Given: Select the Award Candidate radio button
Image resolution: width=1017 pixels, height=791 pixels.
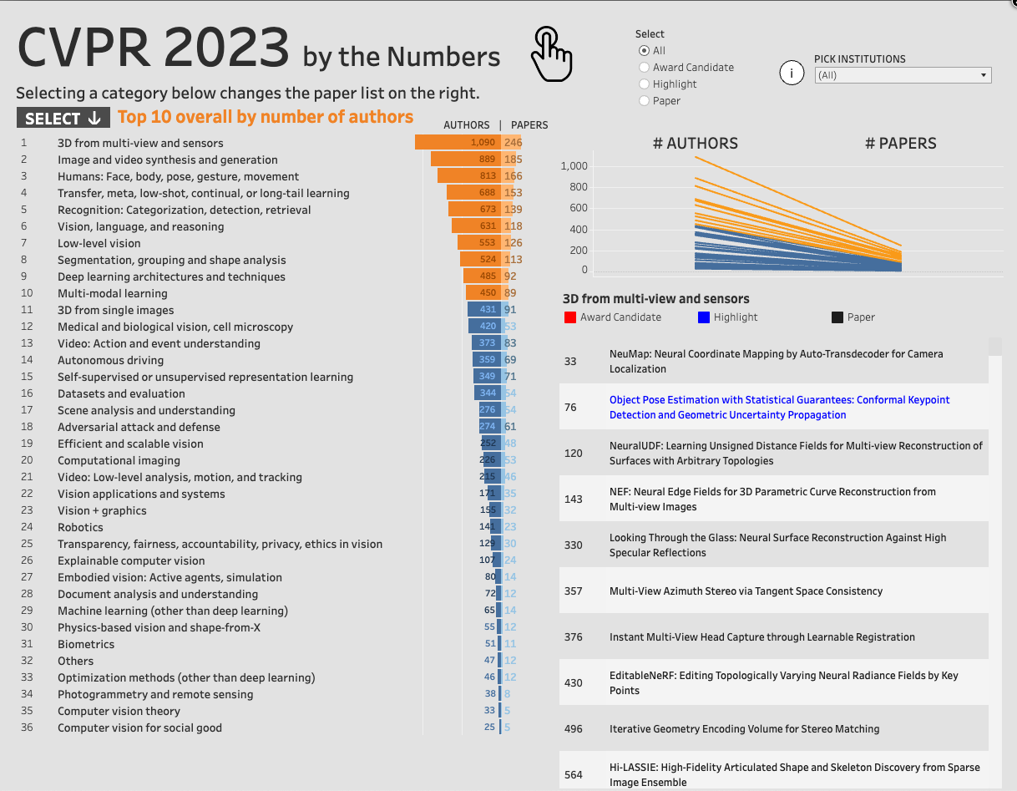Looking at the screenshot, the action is click(x=644, y=68).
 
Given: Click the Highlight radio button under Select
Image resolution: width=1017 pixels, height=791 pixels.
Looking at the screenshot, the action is click(x=644, y=84).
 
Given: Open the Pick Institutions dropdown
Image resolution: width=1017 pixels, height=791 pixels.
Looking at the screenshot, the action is click(x=903, y=75).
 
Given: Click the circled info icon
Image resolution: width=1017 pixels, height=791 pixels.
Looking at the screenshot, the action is click(x=792, y=73).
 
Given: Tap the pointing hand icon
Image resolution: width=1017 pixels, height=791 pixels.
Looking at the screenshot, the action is click(x=551, y=53).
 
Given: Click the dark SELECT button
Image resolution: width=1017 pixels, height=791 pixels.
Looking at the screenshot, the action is click(x=63, y=118).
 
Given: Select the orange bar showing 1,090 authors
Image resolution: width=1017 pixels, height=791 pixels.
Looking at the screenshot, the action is click(x=458, y=142).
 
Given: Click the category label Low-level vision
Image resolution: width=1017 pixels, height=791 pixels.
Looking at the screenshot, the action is click(x=99, y=243).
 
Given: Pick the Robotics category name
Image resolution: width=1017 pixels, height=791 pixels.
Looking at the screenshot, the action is click(x=80, y=528).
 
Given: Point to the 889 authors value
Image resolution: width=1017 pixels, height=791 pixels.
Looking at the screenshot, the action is click(x=487, y=160).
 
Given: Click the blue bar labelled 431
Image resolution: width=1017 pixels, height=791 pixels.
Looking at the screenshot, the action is click(x=484, y=309).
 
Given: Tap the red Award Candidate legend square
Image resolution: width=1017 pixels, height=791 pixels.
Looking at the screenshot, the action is click(x=570, y=317).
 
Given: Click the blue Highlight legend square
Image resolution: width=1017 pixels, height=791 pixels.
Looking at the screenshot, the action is click(x=703, y=317).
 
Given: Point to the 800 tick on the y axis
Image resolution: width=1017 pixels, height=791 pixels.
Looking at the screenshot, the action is click(x=578, y=187).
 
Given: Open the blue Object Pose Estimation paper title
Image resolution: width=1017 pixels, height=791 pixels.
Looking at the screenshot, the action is click(x=779, y=408).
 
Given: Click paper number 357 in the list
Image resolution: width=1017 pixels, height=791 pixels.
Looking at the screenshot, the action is click(x=573, y=591).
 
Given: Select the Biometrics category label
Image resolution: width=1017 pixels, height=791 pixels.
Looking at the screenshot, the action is click(x=86, y=645).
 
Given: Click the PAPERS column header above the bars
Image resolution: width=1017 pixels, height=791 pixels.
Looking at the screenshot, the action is click(x=529, y=125).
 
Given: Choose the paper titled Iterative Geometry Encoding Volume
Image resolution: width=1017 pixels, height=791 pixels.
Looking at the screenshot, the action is click(x=744, y=728).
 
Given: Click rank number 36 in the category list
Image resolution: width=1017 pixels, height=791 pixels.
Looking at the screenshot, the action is click(x=27, y=728).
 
